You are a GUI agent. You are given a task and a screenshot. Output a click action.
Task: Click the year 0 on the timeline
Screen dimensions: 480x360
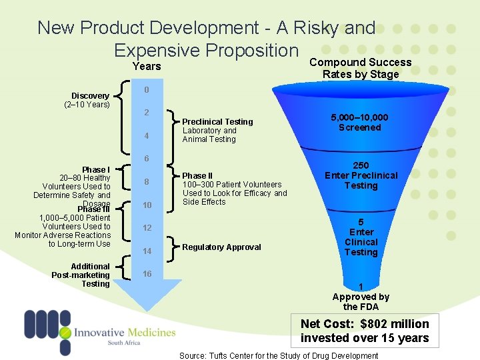click(147, 89)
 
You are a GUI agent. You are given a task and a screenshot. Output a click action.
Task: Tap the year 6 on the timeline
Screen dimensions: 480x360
click(147, 159)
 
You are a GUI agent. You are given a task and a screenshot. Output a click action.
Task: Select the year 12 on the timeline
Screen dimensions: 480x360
click(147, 228)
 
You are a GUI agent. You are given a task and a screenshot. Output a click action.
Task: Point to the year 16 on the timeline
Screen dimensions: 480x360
click(147, 274)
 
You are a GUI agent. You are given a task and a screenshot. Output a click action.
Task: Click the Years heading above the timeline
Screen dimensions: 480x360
click(147, 66)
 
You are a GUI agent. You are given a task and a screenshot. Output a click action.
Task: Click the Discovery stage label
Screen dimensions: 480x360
click(91, 96)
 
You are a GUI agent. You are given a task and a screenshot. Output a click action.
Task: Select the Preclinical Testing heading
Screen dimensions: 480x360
click(217, 121)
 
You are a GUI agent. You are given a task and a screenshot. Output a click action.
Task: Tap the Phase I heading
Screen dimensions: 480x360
click(96, 169)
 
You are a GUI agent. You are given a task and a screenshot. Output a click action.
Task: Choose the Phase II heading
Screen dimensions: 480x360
click(199, 176)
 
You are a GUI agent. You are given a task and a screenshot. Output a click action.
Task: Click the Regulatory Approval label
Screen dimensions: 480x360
click(221, 247)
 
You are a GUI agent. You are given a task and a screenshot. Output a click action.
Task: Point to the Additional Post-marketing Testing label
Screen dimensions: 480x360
click(81, 275)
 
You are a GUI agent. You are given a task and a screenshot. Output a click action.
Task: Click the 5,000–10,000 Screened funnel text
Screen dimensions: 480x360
click(359, 122)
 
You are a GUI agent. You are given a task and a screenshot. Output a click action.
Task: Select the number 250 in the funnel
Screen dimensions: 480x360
click(361, 165)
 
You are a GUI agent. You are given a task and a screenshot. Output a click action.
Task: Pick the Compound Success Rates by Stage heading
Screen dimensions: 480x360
click(360, 68)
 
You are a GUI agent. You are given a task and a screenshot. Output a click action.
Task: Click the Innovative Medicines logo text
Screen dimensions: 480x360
click(125, 333)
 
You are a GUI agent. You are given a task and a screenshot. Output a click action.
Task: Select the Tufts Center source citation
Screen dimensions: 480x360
click(279, 355)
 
